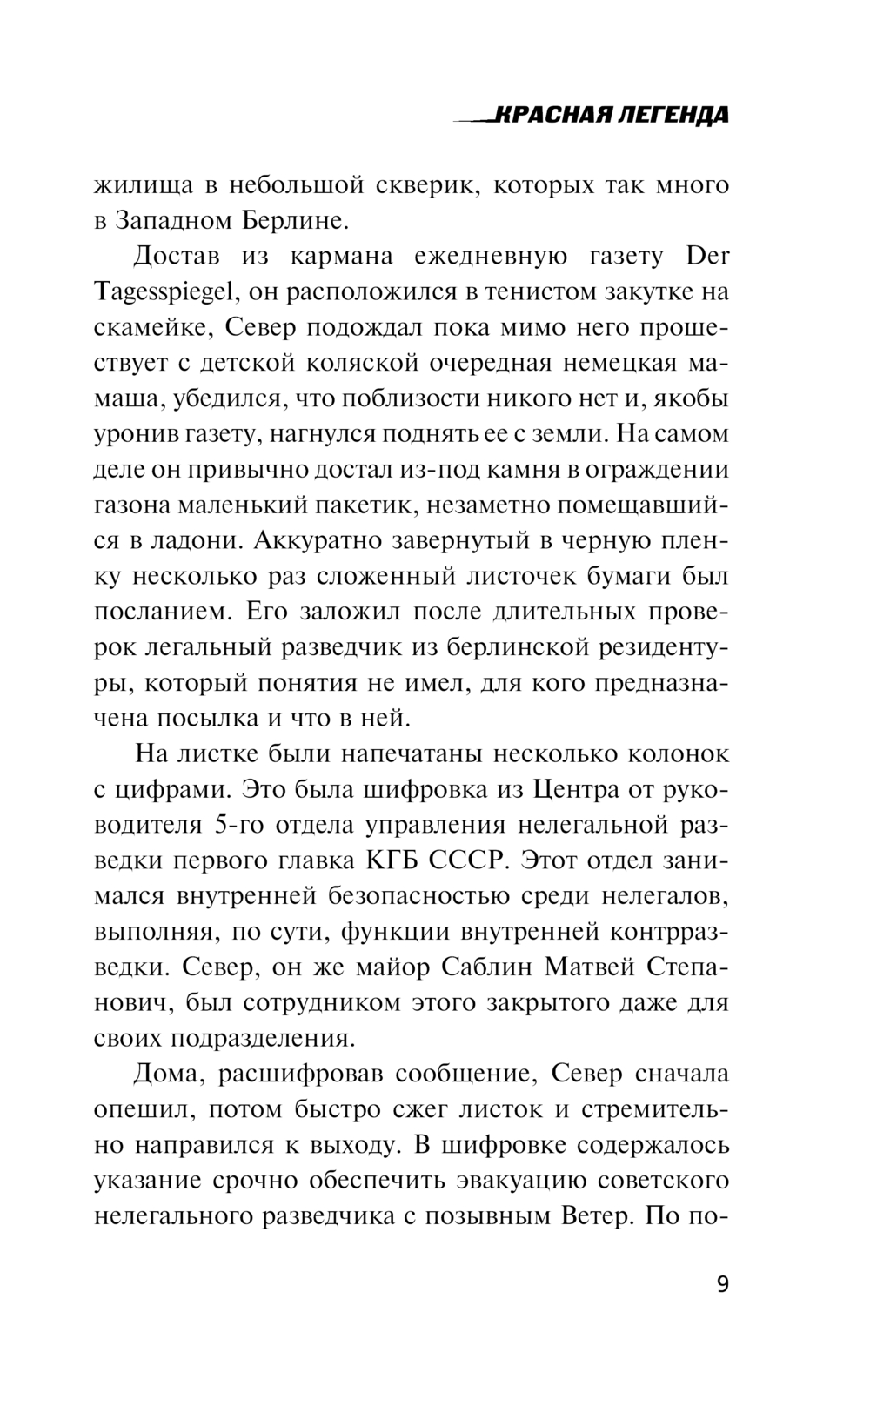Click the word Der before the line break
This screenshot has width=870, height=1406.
tap(707, 257)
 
